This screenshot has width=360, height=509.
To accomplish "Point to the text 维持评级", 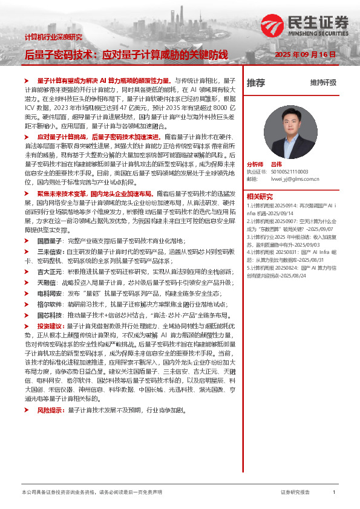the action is (x=323, y=82).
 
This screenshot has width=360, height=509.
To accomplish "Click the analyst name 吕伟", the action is (x=277, y=164).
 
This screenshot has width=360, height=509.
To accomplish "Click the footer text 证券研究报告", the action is (x=295, y=493).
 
